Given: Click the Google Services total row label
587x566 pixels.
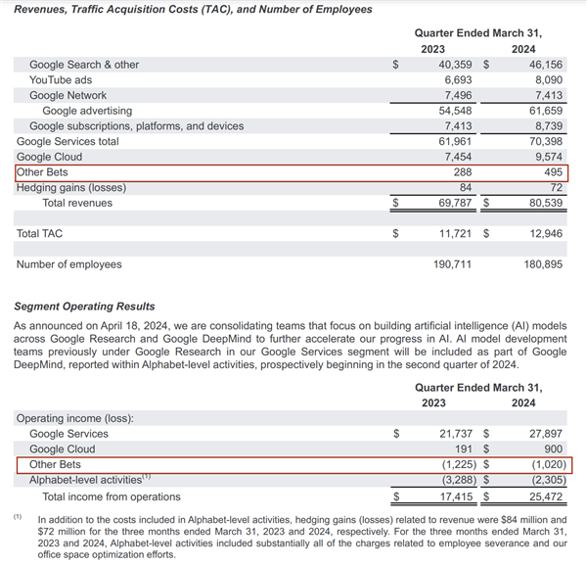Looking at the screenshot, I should tap(68, 141).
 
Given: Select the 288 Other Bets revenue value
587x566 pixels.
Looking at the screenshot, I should tap(465, 172).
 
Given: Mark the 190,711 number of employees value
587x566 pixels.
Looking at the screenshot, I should tap(453, 264).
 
